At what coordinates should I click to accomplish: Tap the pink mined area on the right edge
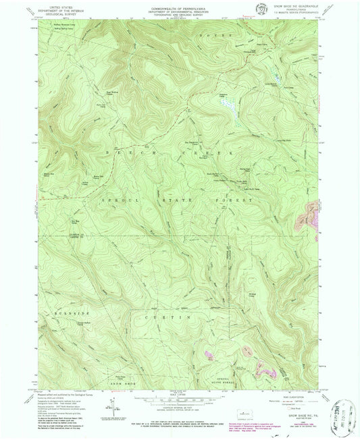click(x=307, y=221)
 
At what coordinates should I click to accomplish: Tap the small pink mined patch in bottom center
click(x=207, y=354)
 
